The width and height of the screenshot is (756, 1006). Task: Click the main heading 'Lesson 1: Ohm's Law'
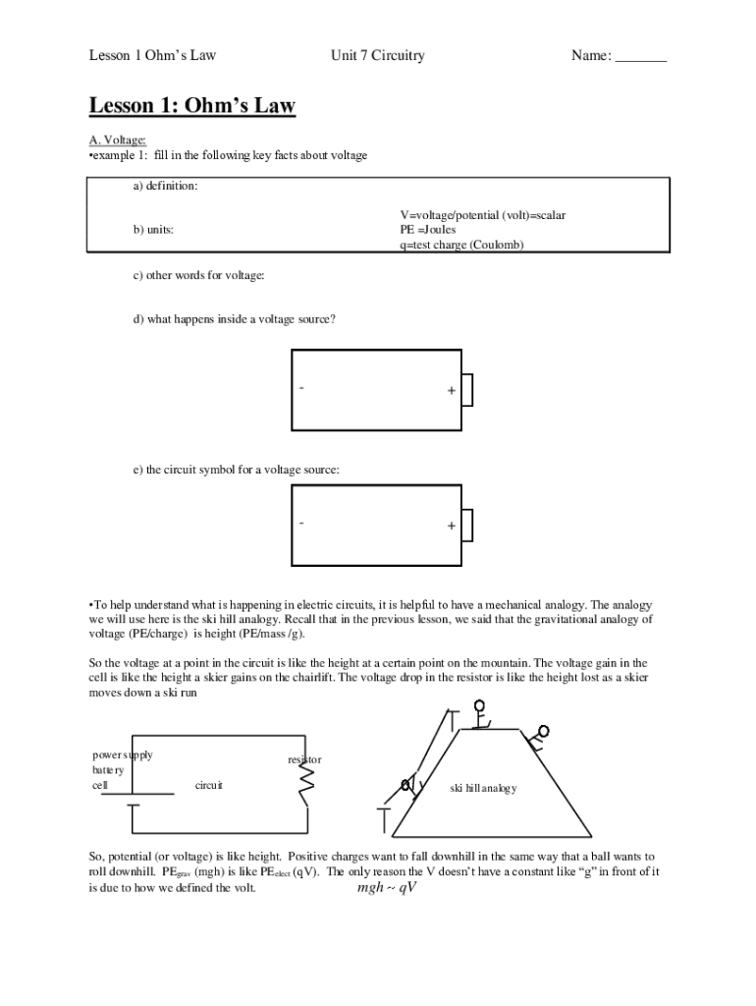(192, 106)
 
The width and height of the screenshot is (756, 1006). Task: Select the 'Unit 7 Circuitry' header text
(377, 56)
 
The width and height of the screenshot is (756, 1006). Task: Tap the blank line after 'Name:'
(640, 57)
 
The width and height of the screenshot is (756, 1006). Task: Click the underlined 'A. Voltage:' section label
(117, 140)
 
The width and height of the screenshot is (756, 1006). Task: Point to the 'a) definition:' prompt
(166, 187)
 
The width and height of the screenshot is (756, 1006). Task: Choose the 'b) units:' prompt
(154, 230)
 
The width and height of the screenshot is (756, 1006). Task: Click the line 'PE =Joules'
(428, 230)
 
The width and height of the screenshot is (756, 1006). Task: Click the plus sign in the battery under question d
(451, 391)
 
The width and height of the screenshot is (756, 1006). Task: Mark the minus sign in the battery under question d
(302, 388)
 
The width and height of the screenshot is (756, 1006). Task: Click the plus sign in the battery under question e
(451, 526)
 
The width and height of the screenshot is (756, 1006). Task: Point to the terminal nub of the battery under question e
(467, 525)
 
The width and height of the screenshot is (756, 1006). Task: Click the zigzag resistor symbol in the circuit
(305, 782)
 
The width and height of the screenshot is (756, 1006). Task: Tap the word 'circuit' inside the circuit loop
(209, 785)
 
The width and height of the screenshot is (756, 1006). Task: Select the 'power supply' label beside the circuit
(122, 755)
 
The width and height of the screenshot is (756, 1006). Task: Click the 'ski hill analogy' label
(483, 789)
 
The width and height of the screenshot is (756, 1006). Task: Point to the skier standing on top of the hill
(479, 714)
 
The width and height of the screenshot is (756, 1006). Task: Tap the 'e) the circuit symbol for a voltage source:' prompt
(237, 470)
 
